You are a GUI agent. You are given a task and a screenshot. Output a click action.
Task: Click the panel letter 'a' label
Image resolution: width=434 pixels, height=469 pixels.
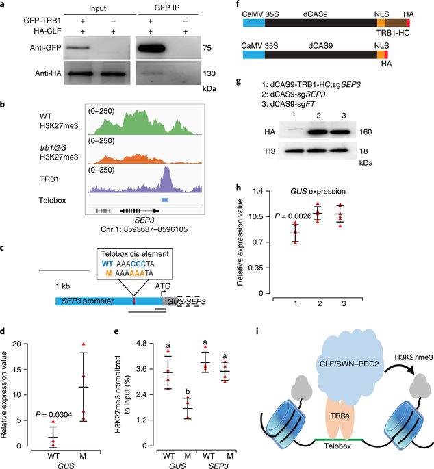point(5,5)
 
